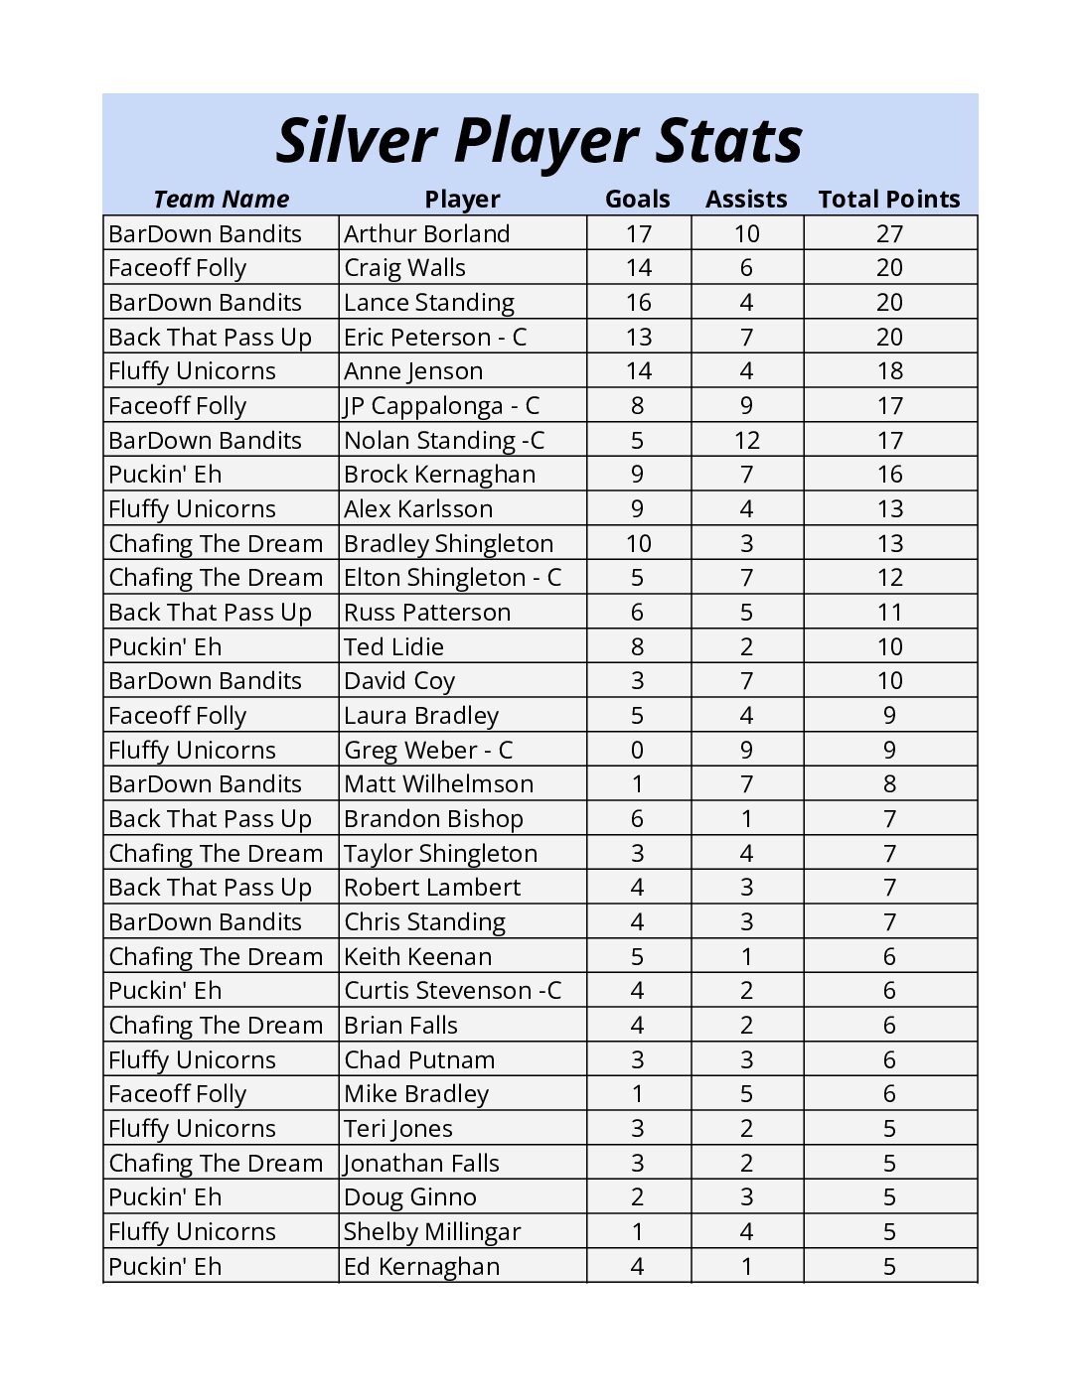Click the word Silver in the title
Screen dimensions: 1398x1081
(x=355, y=140)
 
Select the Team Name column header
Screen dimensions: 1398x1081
(x=221, y=199)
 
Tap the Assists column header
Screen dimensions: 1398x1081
(x=745, y=199)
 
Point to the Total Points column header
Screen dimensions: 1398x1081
(x=888, y=199)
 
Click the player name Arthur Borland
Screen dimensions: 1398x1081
(x=426, y=233)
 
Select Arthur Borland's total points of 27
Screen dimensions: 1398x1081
(x=889, y=233)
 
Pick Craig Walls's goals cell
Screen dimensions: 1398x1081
(x=638, y=268)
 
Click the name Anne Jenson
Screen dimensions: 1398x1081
(x=413, y=371)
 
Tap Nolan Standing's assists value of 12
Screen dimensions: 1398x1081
(x=746, y=440)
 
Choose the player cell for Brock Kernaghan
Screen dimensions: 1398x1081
(x=439, y=475)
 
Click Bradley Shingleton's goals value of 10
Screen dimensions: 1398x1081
(x=638, y=543)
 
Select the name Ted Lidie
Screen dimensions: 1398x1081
(x=393, y=646)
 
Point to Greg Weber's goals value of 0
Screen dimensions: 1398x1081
(x=638, y=750)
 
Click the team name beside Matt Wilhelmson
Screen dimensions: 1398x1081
(x=205, y=784)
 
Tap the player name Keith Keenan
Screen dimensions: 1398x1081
(x=417, y=956)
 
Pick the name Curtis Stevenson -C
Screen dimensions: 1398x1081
(x=452, y=991)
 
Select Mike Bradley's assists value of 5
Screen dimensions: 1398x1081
(x=746, y=1094)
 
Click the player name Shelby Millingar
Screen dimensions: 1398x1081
(x=431, y=1232)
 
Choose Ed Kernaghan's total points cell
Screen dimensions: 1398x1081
(x=889, y=1266)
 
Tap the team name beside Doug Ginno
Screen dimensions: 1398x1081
(x=165, y=1197)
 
